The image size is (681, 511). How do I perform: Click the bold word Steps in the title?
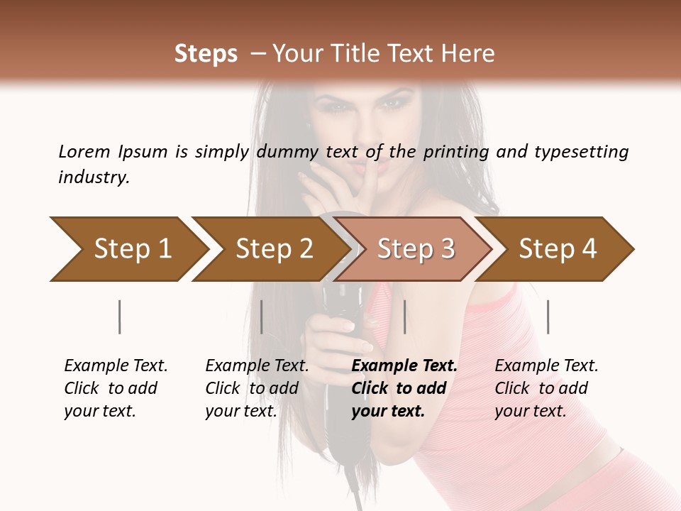pyautogui.click(x=206, y=53)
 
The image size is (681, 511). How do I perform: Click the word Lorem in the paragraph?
pyautogui.click(x=84, y=151)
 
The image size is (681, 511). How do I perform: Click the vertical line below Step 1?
pyautogui.click(x=119, y=317)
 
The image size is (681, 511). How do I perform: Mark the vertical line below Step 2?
pyautogui.click(x=262, y=317)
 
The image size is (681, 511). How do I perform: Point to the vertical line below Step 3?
pyautogui.click(x=404, y=317)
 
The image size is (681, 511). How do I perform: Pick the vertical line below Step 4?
pyautogui.click(x=548, y=317)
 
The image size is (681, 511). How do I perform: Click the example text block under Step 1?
pyautogui.click(x=116, y=388)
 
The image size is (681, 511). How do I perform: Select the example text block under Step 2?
pyautogui.click(x=257, y=388)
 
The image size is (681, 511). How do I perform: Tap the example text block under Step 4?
pyautogui.click(x=546, y=388)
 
